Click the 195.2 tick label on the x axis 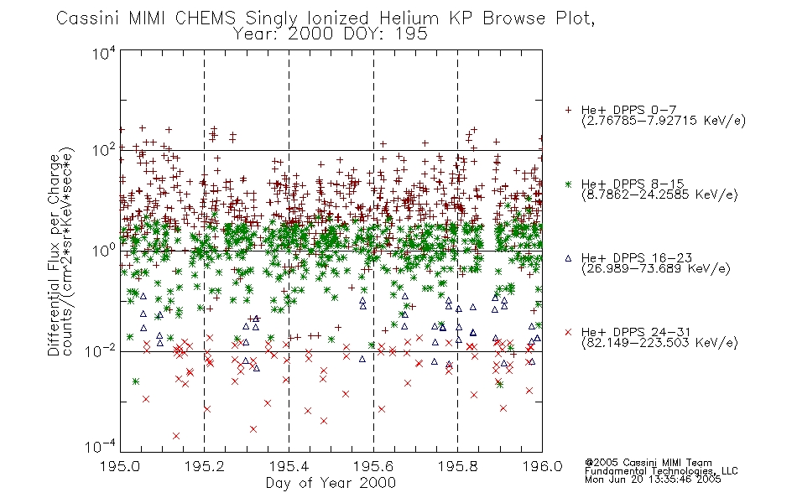(x=205, y=466)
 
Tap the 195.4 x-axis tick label (x=289, y=466)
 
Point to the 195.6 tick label (x=373, y=466)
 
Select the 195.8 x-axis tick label (x=457, y=466)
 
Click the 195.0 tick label (x=120, y=466)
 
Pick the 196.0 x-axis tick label (x=542, y=466)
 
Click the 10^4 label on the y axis (x=104, y=53)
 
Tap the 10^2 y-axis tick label (x=104, y=151)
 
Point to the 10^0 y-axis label (x=104, y=251)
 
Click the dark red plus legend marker (x=568, y=110)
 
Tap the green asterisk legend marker (x=568, y=184)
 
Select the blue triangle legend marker (x=568, y=258)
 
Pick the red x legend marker (x=568, y=332)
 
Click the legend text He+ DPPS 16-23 (x=637, y=258)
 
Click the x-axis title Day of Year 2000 (x=331, y=483)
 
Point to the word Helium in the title (x=409, y=18)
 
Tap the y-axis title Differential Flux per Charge (x=54, y=255)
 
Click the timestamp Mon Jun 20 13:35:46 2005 (x=653, y=480)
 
